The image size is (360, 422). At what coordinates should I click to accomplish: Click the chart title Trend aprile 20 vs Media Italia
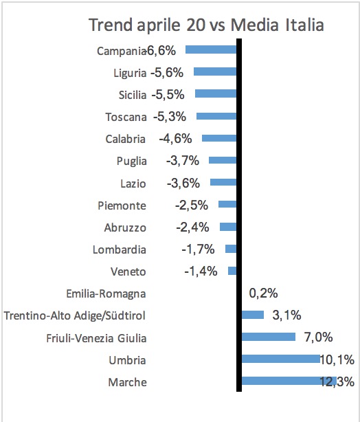pos(206,25)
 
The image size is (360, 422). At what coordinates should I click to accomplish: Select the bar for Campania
pos(211,49)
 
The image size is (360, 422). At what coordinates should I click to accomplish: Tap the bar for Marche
pos(289,381)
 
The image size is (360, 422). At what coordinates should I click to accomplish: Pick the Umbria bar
pos(281,359)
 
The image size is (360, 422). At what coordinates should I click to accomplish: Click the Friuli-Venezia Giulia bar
pos(269,337)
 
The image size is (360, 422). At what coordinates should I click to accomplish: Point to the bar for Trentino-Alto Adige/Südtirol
pos(253,315)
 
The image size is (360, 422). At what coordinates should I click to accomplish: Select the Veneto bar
pos(232,271)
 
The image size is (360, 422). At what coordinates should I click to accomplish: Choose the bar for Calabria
pos(219,138)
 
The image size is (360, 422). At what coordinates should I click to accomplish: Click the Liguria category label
pos(130,74)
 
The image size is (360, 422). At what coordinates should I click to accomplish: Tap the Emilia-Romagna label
pos(106,294)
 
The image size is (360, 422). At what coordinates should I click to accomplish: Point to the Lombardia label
pos(120,249)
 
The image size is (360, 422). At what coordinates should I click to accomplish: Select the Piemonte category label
pos(122,206)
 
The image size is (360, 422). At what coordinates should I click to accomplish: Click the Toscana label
pos(126,117)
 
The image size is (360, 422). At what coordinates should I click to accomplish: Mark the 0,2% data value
pos(263,293)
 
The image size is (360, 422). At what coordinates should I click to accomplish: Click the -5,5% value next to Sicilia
pos(168,95)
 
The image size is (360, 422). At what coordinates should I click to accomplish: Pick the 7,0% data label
pos(319,337)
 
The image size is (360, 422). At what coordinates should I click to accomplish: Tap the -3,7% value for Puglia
pos(183,161)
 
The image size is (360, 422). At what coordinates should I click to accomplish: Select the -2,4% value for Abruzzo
pos(192,227)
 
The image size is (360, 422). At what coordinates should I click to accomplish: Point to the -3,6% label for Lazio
pos(183,184)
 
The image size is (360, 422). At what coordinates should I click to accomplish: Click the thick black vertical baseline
pos(239,215)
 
